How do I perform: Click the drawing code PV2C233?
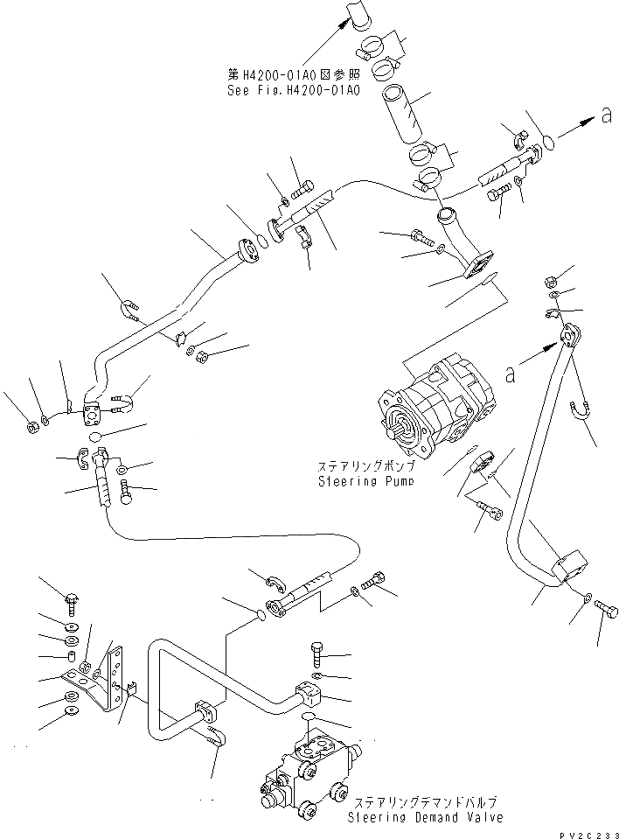(586, 832)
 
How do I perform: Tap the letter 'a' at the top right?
(606, 115)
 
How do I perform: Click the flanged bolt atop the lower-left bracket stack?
(72, 601)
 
